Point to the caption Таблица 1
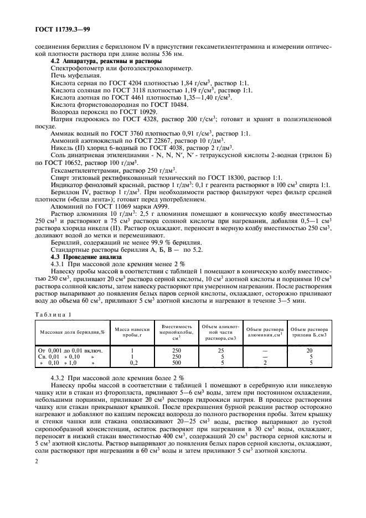[x=54, y=314]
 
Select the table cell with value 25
[x=220, y=350]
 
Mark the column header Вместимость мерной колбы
[x=177, y=332]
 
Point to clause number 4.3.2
[x=59, y=376]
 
